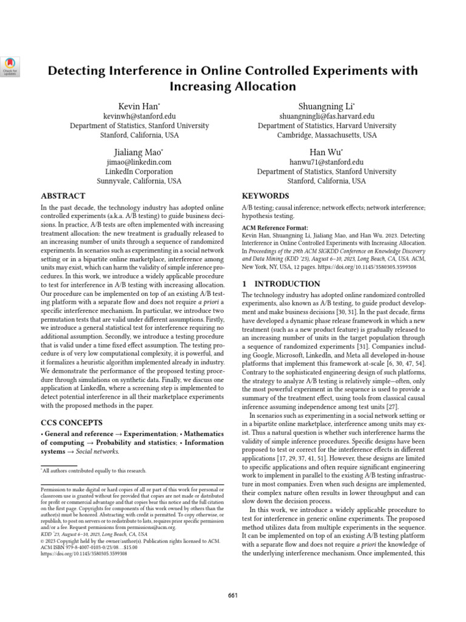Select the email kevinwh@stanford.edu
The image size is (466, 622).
click(x=140, y=116)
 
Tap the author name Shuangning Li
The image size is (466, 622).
click(x=326, y=106)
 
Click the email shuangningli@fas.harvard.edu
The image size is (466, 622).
click(x=326, y=116)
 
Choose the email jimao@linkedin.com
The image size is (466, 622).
click(x=140, y=162)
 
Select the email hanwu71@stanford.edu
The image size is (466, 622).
click(x=326, y=162)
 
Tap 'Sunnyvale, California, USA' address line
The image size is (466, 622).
click(x=140, y=181)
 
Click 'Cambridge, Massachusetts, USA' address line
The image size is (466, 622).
click(x=326, y=135)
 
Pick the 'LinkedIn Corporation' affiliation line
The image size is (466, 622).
click(x=140, y=172)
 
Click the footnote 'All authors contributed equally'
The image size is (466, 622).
click(x=95, y=471)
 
